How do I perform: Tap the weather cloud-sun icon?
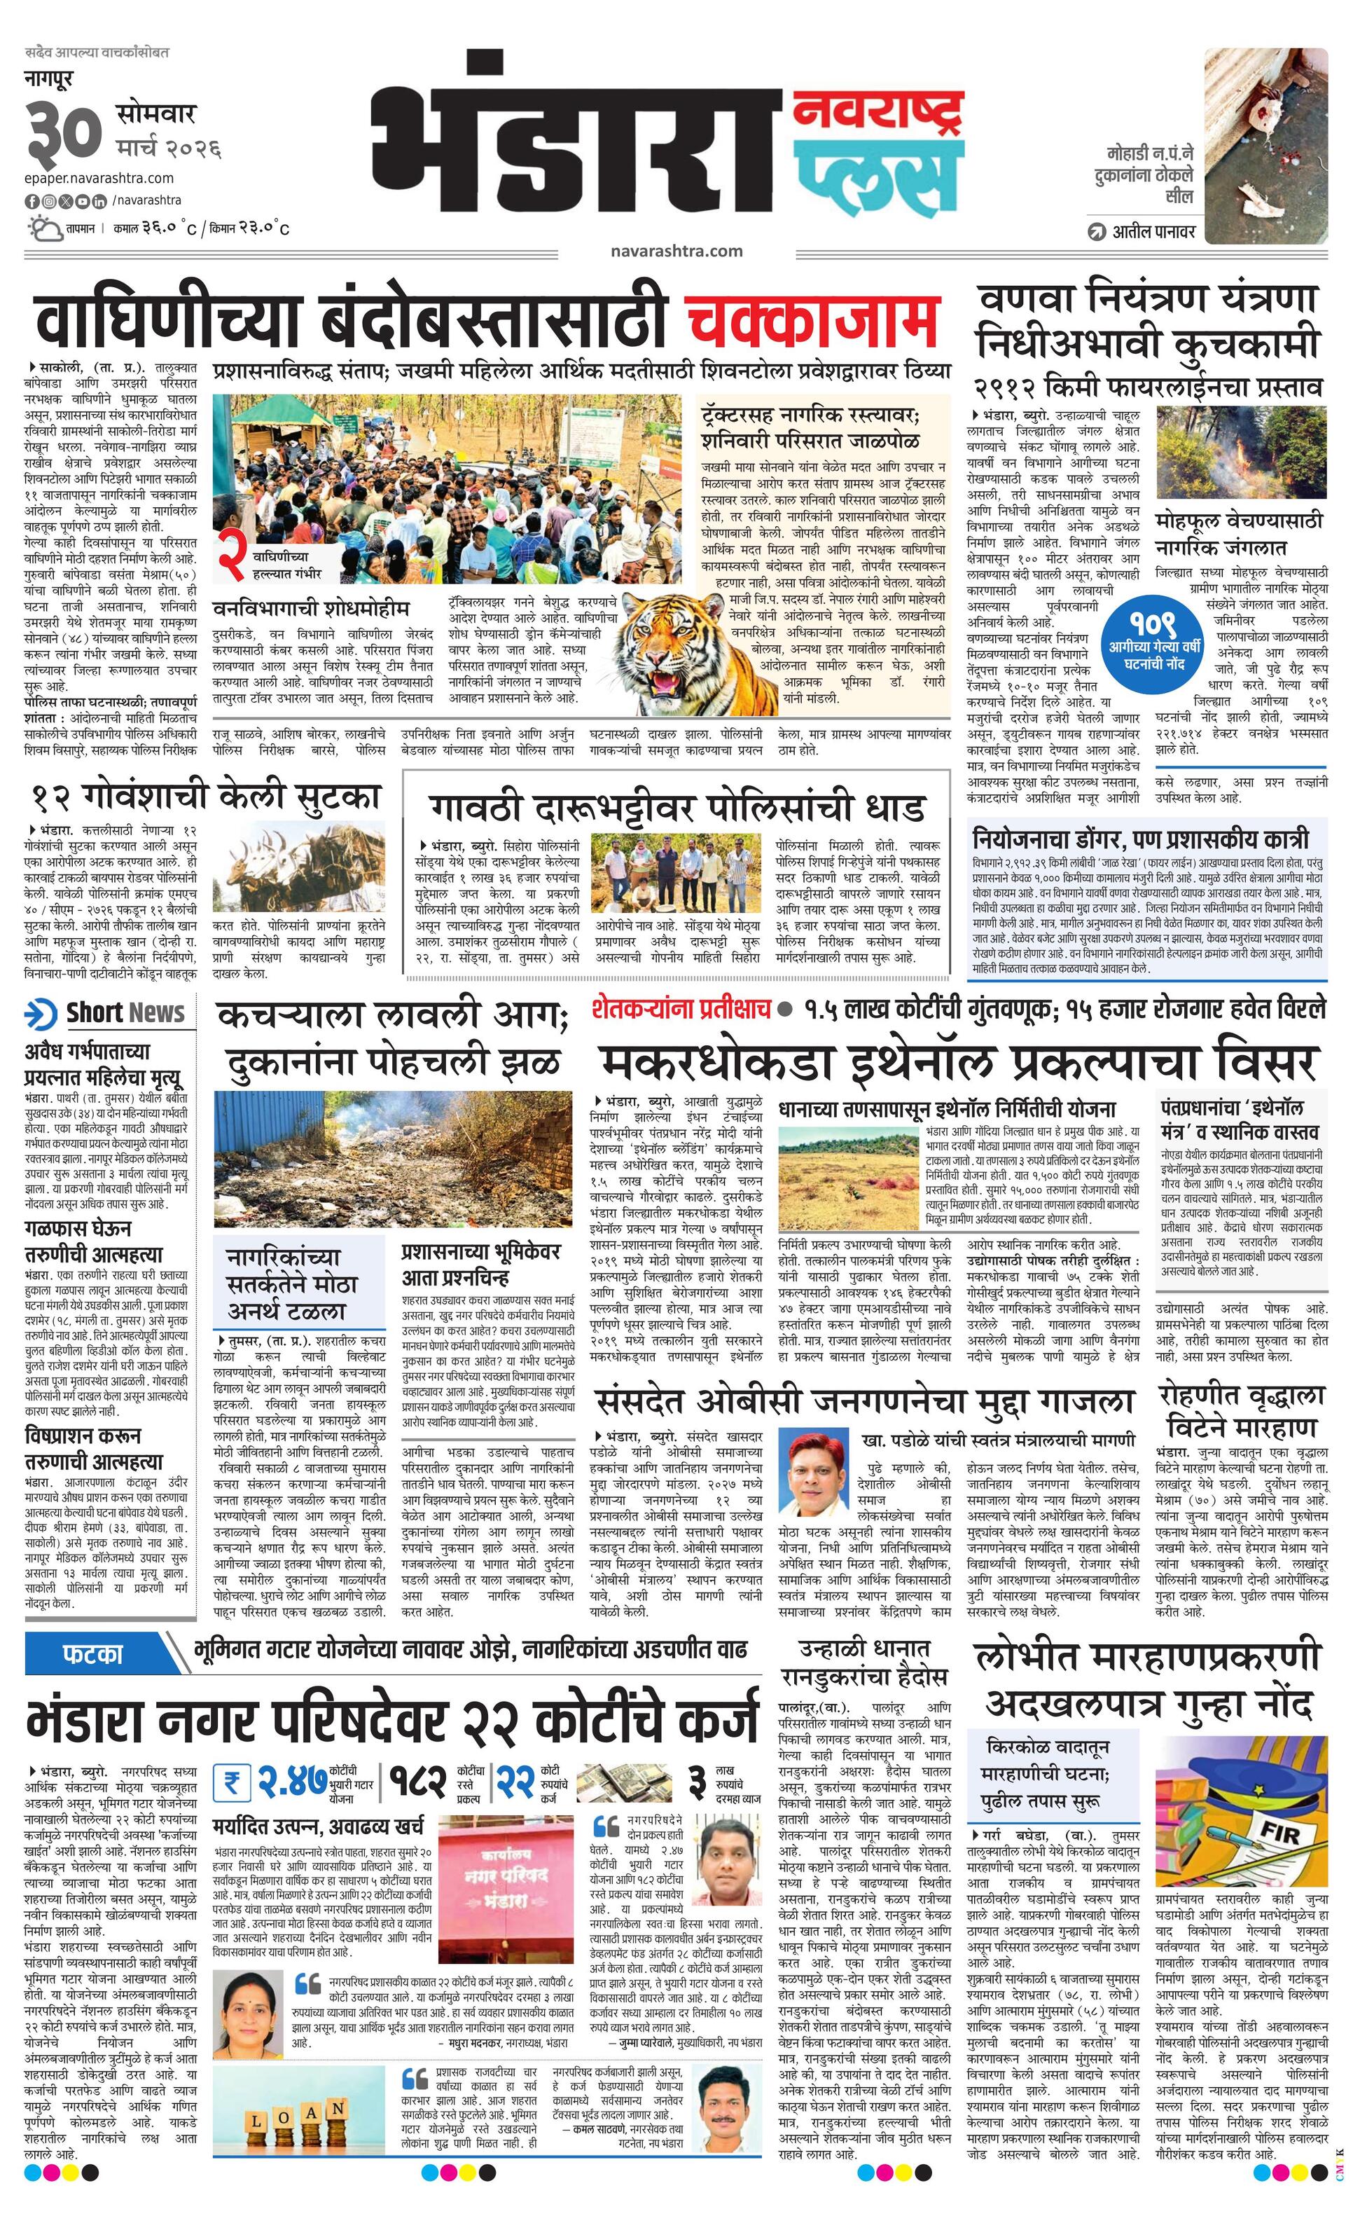point(44,228)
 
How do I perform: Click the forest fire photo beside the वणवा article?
point(1241,451)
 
